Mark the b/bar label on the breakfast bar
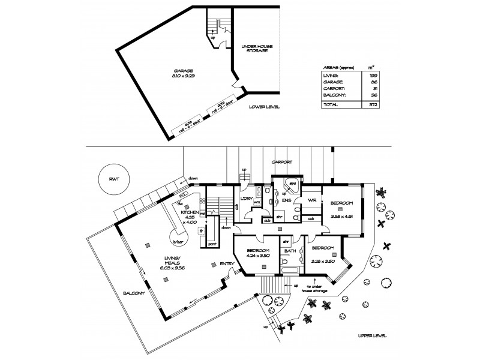click(178, 242)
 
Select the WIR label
click(312, 200)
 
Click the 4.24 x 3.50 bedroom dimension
click(260, 256)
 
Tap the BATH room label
click(291, 251)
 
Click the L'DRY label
click(245, 199)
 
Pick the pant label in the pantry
click(211, 245)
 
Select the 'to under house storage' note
click(316, 289)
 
